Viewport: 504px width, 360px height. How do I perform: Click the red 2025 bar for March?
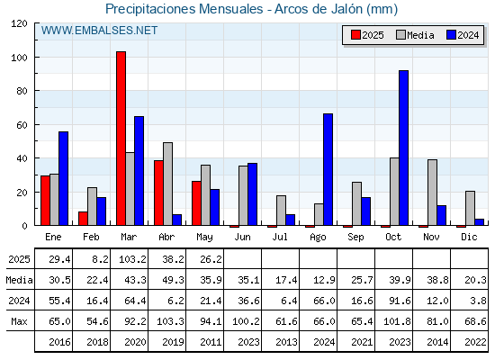[x=121, y=139]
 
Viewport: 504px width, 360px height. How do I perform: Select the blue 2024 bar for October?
[x=404, y=148]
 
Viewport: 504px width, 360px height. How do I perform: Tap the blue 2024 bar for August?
[x=328, y=169]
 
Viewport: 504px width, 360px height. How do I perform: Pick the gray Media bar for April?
[x=167, y=184]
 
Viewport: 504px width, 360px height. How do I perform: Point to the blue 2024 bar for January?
[x=64, y=178]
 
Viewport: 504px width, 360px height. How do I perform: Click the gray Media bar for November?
[x=432, y=193]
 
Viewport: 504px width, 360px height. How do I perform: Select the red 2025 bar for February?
[x=83, y=218]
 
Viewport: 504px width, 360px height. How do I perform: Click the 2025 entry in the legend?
[x=367, y=35]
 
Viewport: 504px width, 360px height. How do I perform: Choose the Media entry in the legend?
[x=415, y=35]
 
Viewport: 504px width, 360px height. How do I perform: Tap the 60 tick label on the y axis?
[x=22, y=125]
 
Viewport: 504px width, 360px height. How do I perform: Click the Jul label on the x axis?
[x=280, y=237]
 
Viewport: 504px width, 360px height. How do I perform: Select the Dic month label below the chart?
[x=469, y=237]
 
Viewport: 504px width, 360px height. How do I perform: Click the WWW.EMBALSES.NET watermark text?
[x=99, y=31]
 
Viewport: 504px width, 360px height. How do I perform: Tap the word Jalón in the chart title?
[x=342, y=9]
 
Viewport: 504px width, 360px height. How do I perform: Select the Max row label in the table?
[x=19, y=321]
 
